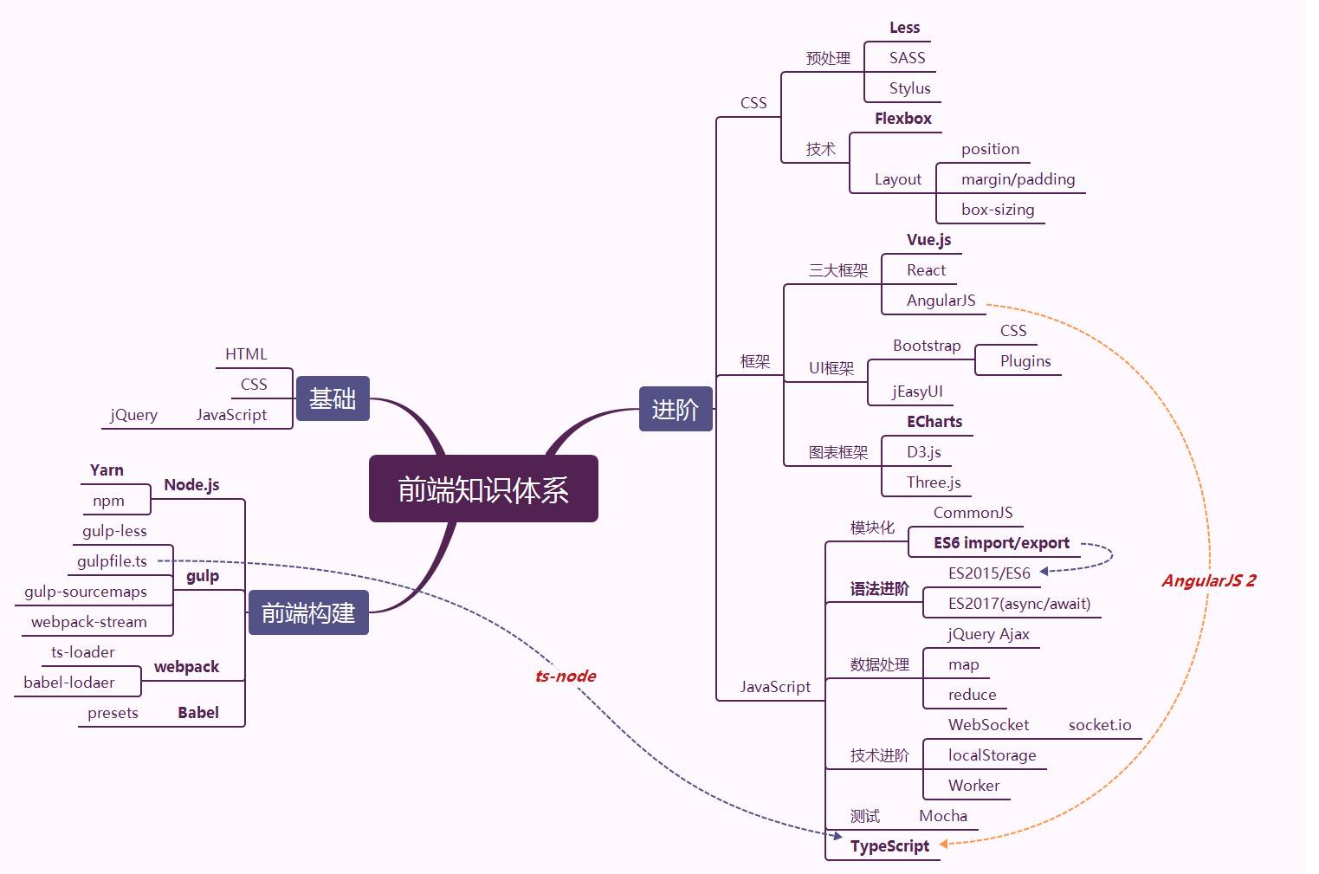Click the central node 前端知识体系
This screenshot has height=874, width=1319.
coord(483,489)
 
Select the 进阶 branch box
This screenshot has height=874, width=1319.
coord(676,409)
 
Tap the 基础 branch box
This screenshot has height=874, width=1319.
coord(333,398)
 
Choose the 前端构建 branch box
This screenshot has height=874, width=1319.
coord(308,612)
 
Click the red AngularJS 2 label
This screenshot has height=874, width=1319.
coord(1209,580)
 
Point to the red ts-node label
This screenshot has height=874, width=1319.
coord(566,676)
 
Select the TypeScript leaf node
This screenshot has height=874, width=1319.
coord(889,846)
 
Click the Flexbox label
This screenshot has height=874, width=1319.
coord(903,119)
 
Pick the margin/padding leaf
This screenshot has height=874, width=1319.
coord(1018,179)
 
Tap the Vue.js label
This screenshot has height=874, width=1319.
coord(928,240)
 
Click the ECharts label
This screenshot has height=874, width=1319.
coord(934,422)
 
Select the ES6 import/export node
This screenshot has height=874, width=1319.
coord(1002,543)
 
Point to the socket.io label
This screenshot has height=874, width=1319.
coord(1100,724)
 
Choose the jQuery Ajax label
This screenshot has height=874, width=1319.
coord(989,634)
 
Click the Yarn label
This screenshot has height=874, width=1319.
coord(107,470)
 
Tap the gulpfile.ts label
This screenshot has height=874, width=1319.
coord(112,561)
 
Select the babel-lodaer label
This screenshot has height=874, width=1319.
coord(69,682)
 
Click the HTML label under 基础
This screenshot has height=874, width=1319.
coord(246,354)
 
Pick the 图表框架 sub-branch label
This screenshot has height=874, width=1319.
coord(838,452)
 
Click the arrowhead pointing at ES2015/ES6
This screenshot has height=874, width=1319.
coord(1044,572)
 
